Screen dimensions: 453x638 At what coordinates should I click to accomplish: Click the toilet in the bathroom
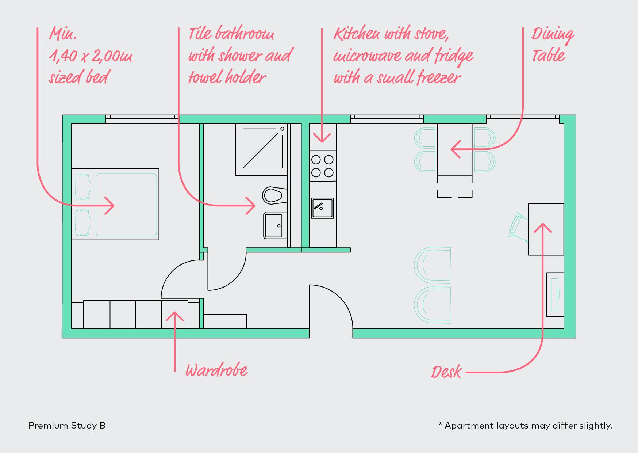pos(273,195)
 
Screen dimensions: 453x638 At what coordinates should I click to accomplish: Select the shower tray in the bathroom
pos(261,150)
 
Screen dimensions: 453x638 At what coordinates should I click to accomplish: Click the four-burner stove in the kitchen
pos(323,166)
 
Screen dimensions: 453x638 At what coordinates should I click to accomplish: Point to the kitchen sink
pos(322,208)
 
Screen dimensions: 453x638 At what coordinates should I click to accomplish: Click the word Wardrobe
pos(216,370)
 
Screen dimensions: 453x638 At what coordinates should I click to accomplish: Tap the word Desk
pos(446,372)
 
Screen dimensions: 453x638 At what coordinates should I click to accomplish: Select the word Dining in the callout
pos(552,35)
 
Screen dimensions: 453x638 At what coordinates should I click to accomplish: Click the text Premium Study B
pos(67,426)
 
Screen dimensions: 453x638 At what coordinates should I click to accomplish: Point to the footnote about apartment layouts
pos(525,426)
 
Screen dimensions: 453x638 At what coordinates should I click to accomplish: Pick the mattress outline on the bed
pos(126,205)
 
